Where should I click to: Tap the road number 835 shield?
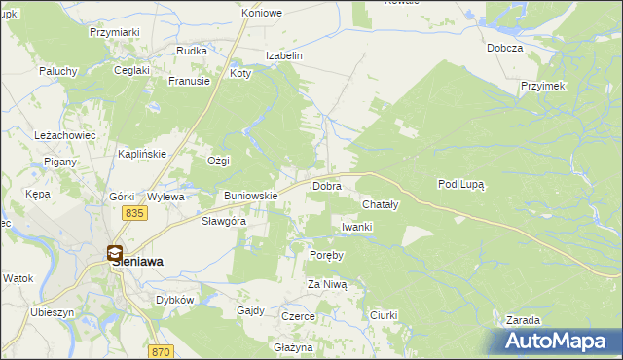tap(134, 213)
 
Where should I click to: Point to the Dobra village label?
tap(325, 185)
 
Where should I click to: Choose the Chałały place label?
tap(381, 205)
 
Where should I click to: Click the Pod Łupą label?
tap(460, 183)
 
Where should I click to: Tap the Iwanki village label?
tap(357, 227)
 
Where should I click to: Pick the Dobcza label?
tap(506, 48)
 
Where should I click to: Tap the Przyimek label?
tap(543, 86)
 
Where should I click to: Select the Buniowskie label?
tap(251, 196)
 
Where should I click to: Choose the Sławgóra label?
tap(223, 221)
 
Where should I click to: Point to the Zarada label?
tap(523, 320)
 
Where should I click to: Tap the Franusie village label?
tap(189, 82)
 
